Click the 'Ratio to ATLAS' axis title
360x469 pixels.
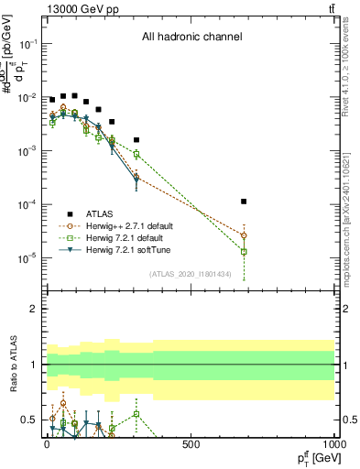tap(14, 365)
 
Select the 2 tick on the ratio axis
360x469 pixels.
tap(34, 309)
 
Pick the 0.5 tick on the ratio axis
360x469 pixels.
tap(30, 420)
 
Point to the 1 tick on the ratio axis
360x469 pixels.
tap(34, 365)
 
